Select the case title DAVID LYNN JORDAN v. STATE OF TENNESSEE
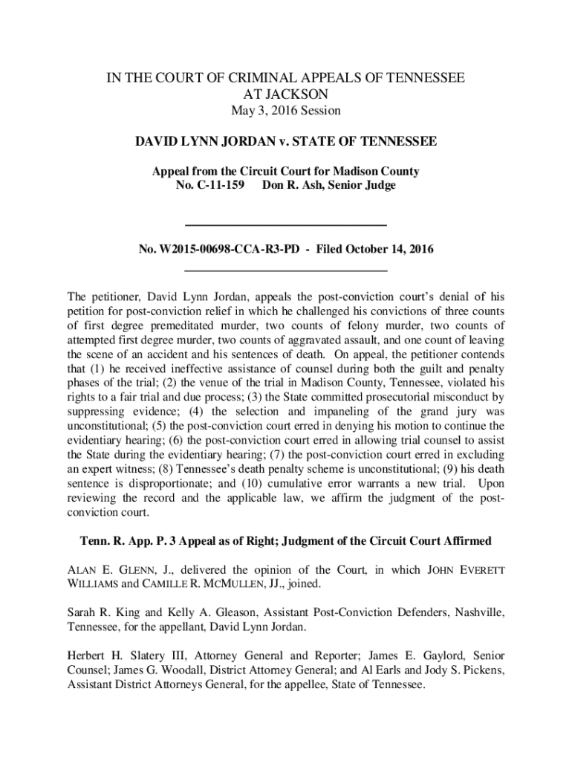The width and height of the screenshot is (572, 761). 285,141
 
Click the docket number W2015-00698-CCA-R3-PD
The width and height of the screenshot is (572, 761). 218,250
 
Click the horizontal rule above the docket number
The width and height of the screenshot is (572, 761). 285,224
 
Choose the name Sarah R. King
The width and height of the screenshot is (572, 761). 100,612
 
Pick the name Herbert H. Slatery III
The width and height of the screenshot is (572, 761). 123,655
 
